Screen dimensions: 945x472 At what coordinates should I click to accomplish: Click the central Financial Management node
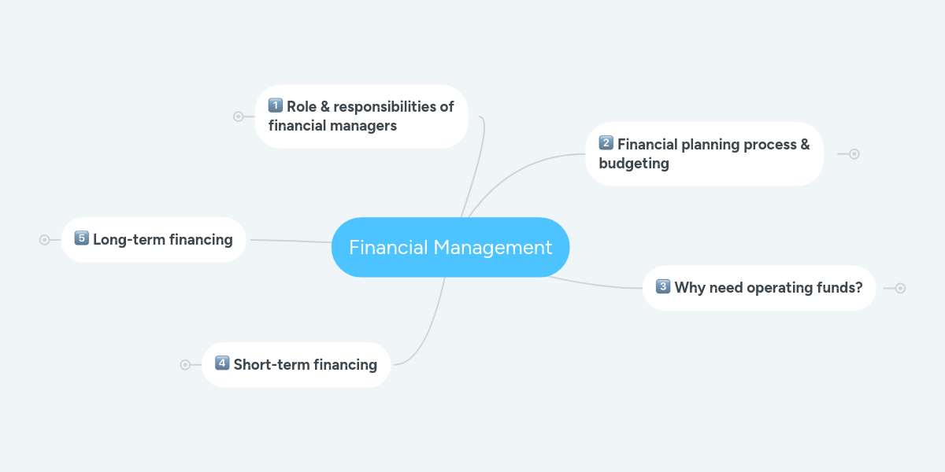tap(450, 247)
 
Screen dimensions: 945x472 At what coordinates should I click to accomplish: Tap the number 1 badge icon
tap(276, 105)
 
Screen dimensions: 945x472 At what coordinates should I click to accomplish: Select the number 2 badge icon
tap(606, 143)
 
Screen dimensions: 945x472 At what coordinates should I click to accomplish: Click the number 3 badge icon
tap(663, 286)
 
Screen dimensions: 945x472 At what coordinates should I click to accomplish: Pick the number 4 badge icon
tap(222, 363)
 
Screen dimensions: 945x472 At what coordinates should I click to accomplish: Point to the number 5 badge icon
tap(81, 238)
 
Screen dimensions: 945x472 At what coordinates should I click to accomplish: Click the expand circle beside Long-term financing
tap(44, 240)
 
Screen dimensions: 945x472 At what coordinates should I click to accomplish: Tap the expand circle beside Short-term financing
tap(185, 364)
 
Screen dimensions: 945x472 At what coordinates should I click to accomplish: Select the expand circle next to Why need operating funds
tap(900, 288)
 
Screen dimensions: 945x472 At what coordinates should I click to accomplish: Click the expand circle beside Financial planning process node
tap(854, 154)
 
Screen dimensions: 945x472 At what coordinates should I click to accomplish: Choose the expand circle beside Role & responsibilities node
tap(239, 116)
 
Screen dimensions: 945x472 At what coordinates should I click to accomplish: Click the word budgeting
tap(634, 164)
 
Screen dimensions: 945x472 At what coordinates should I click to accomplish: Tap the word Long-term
tap(129, 240)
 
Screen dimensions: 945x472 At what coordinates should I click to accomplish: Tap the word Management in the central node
tap(493, 248)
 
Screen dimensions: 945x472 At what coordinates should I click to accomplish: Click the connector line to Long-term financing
tap(291, 241)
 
